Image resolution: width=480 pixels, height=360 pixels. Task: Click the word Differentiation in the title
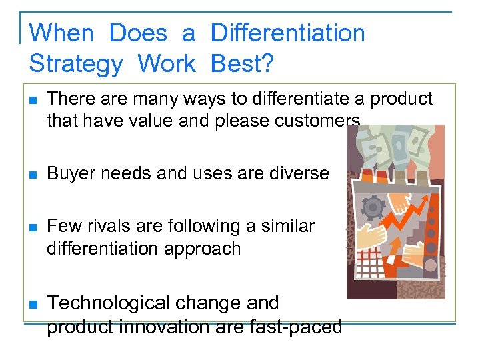(x=287, y=33)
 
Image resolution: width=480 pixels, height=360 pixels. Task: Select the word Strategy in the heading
(x=76, y=64)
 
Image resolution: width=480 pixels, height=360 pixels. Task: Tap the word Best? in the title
(x=241, y=64)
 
